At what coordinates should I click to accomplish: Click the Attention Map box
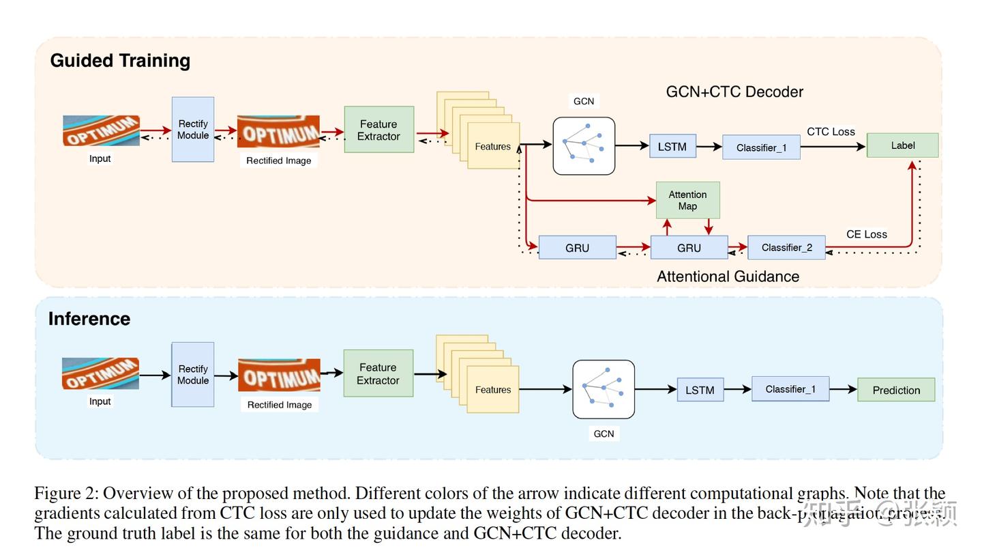click(687, 200)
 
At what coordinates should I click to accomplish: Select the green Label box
click(902, 145)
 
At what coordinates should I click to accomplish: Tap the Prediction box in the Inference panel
click(896, 390)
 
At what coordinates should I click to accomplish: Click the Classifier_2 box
click(786, 248)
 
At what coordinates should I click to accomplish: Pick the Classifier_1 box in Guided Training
click(761, 147)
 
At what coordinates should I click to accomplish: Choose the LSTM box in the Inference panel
click(700, 390)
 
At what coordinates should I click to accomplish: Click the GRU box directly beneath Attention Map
click(689, 248)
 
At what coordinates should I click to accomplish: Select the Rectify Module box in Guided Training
click(193, 129)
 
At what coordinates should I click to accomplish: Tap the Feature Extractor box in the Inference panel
click(378, 373)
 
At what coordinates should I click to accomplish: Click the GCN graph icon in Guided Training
click(584, 145)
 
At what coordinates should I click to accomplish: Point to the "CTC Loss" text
click(831, 132)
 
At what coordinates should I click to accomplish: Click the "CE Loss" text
click(866, 234)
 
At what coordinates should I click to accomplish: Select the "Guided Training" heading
click(120, 61)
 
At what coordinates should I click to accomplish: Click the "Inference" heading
click(89, 319)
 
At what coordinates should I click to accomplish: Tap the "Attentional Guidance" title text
click(728, 276)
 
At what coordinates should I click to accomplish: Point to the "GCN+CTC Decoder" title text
click(734, 91)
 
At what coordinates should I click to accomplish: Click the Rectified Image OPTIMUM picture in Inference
click(279, 375)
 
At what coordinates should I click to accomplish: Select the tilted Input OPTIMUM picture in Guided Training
click(101, 130)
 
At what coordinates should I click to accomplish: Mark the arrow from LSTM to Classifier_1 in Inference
click(737, 390)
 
